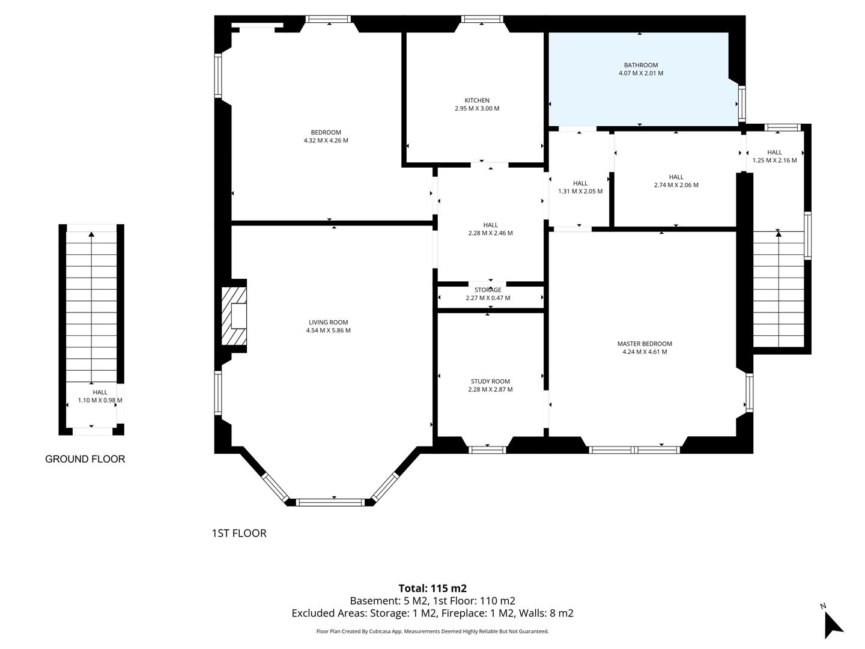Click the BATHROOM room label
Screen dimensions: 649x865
tap(640, 65)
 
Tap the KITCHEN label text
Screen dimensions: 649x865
tap(477, 100)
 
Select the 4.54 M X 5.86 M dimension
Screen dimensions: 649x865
tap(328, 331)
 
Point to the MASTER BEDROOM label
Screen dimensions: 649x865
tap(645, 344)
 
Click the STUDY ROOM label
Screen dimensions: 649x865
tap(490, 381)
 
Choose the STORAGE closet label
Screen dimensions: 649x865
tap(488, 290)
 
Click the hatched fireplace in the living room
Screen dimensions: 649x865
tap(234, 316)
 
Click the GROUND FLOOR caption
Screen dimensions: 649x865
tap(85, 459)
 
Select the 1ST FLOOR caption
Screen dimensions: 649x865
tap(239, 533)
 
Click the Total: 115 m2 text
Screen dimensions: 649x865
tap(432, 588)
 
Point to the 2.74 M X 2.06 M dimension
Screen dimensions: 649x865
tap(676, 185)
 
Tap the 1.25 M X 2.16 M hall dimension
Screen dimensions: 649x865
tap(774, 160)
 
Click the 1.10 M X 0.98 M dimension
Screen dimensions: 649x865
tap(100, 400)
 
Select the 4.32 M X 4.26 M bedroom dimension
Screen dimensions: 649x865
tap(326, 141)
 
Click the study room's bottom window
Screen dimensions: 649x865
tap(487, 449)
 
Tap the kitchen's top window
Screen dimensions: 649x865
tap(482, 19)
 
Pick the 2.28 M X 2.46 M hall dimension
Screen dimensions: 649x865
tap(490, 233)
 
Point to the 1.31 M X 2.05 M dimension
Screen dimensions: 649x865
tap(580, 192)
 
